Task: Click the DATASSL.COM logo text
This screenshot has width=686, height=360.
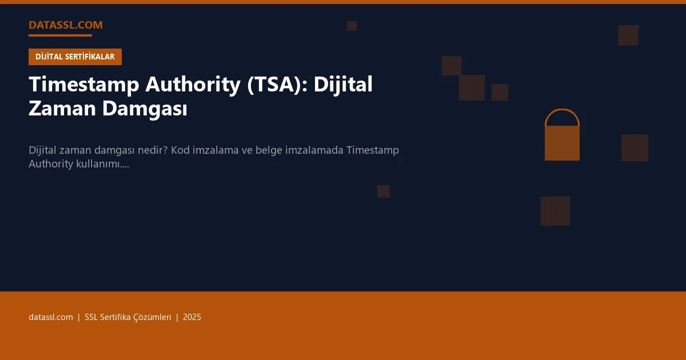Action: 66,25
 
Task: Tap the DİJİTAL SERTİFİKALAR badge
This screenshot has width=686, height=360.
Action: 75,57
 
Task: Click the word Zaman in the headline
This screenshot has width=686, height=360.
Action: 63,109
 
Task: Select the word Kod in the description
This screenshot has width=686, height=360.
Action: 180,150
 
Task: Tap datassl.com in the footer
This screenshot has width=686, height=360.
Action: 51,317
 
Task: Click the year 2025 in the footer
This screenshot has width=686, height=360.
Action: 192,317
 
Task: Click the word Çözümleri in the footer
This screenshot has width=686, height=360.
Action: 153,317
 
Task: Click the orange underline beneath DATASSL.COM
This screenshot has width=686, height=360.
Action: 60,35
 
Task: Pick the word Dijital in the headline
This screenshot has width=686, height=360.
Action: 342,85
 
